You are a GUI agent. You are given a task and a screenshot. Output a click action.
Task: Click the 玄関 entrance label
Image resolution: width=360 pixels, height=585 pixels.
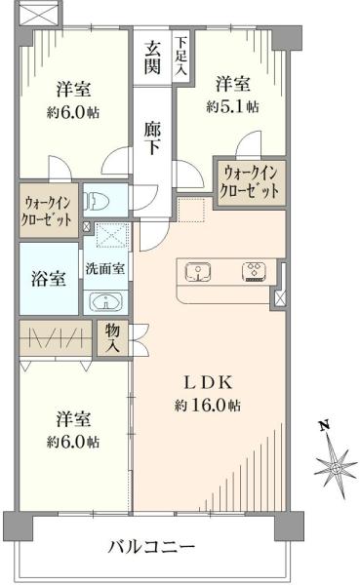coord(154,57)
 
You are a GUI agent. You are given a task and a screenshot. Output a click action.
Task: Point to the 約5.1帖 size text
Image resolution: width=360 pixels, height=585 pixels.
coord(232,105)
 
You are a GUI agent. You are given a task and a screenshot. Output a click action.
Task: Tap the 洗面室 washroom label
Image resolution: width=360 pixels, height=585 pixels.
coord(103,267)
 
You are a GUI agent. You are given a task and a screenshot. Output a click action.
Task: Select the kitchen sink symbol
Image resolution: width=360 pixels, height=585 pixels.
coord(199,271)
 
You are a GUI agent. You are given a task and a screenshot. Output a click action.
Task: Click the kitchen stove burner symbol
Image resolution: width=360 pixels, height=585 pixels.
coord(253,271)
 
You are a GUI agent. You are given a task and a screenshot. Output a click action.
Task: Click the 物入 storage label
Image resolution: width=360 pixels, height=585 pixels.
coord(112,338)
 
